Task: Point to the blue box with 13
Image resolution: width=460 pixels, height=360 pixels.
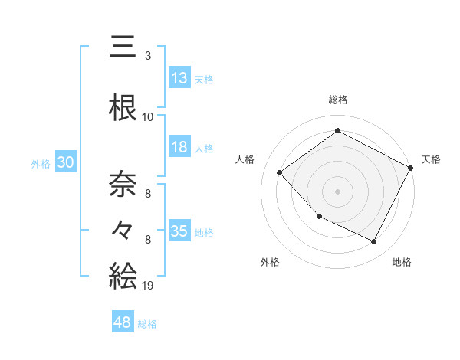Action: point(179,78)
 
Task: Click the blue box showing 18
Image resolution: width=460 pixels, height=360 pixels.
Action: point(179,147)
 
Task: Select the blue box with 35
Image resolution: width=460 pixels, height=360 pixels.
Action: point(179,231)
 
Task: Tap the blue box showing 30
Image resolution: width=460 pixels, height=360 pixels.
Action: point(65,162)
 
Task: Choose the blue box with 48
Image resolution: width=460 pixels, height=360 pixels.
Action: point(123,322)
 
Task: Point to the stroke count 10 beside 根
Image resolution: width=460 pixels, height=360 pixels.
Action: point(148,117)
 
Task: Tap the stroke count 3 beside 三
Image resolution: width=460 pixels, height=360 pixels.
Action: point(147,56)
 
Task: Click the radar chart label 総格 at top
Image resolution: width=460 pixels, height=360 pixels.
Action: point(338,100)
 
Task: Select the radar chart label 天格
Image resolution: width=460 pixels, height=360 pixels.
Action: point(431,159)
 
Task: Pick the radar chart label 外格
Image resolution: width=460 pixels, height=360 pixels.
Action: point(270,262)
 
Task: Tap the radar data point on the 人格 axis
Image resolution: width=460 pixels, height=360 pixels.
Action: point(280,172)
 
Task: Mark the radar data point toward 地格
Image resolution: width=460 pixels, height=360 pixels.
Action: point(374,242)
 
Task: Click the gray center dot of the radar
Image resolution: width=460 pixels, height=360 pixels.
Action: point(338,191)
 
